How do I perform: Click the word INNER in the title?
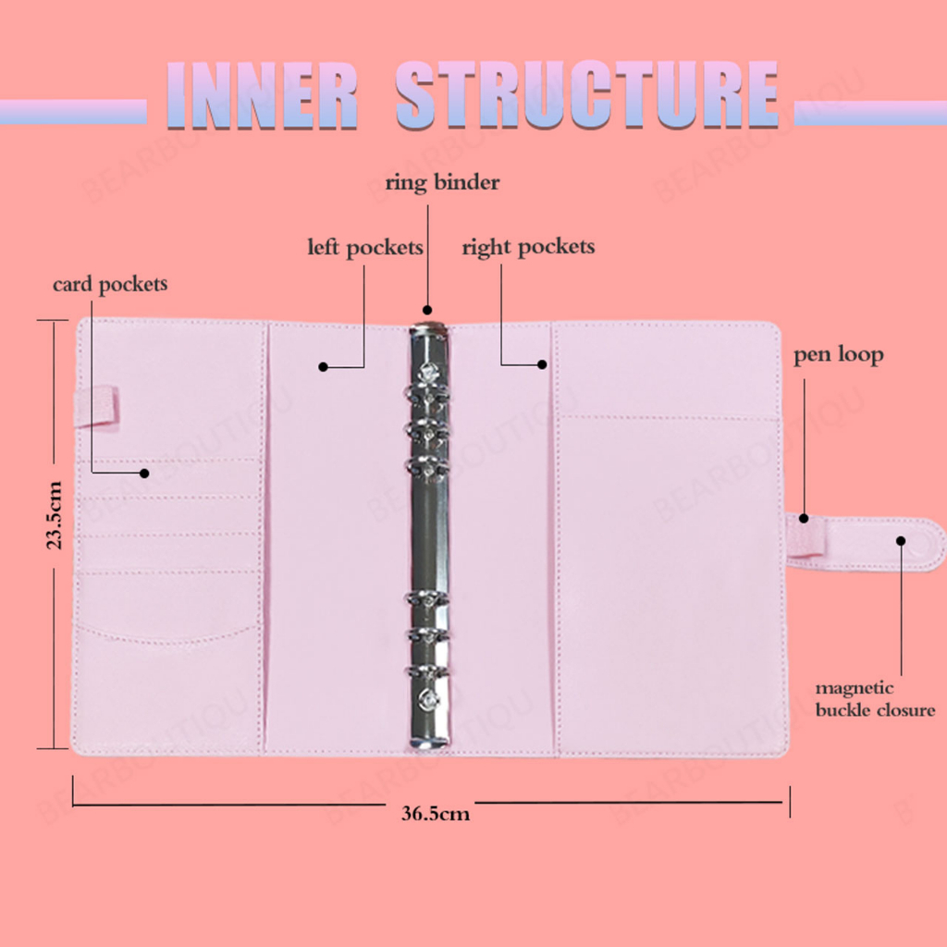(263, 95)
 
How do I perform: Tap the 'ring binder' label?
(442, 182)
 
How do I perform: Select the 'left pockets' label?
(365, 248)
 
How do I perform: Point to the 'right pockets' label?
(528, 247)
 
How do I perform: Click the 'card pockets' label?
(110, 284)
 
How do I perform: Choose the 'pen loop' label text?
(838, 355)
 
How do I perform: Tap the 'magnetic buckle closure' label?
(874, 700)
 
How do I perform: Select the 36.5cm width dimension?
(435, 814)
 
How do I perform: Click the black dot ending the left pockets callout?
(323, 367)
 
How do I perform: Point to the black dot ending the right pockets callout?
(543, 365)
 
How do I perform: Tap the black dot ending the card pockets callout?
(144, 473)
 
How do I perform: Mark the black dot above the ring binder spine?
(427, 309)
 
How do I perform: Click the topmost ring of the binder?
(427, 374)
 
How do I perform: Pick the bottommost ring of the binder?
(427, 697)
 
